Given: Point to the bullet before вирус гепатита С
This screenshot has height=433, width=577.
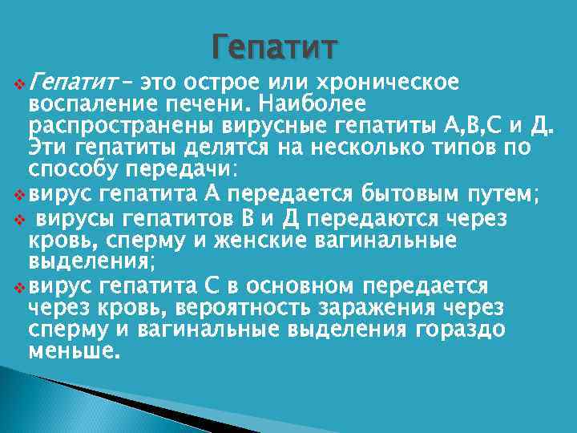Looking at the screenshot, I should pos(20,286).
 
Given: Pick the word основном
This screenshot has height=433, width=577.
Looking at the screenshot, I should pos(301,286).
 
